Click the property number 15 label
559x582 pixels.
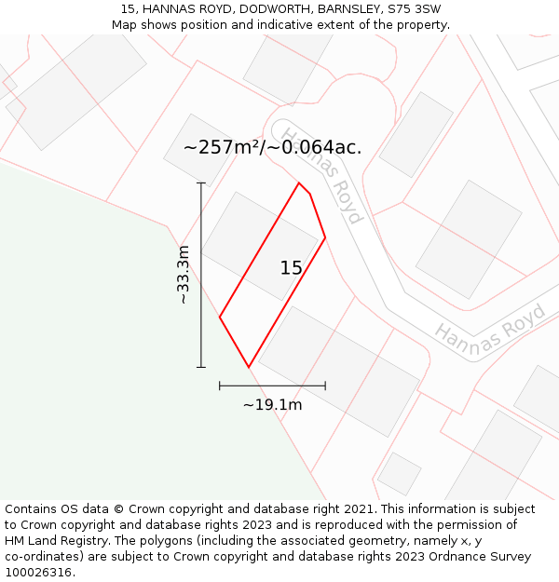291,268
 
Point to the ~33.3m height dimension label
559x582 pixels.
184,275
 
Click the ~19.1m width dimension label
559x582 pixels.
272,405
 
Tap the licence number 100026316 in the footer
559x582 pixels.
37,573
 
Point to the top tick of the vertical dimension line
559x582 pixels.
201,183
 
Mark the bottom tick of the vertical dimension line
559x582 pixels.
201,367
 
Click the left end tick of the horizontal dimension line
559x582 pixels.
220,385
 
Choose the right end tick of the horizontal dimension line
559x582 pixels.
325,385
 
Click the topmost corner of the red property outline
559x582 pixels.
299,183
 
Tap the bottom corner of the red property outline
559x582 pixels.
249,367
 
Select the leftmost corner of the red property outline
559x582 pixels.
220,318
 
